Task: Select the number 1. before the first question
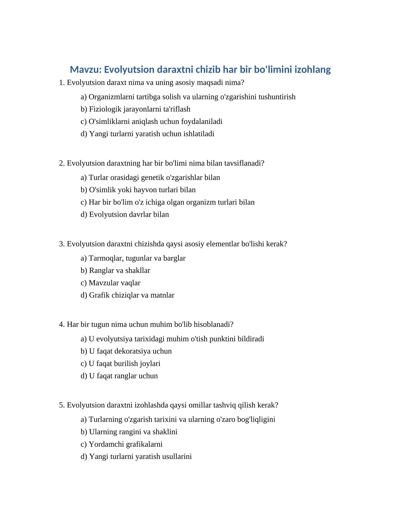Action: click(62, 82)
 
